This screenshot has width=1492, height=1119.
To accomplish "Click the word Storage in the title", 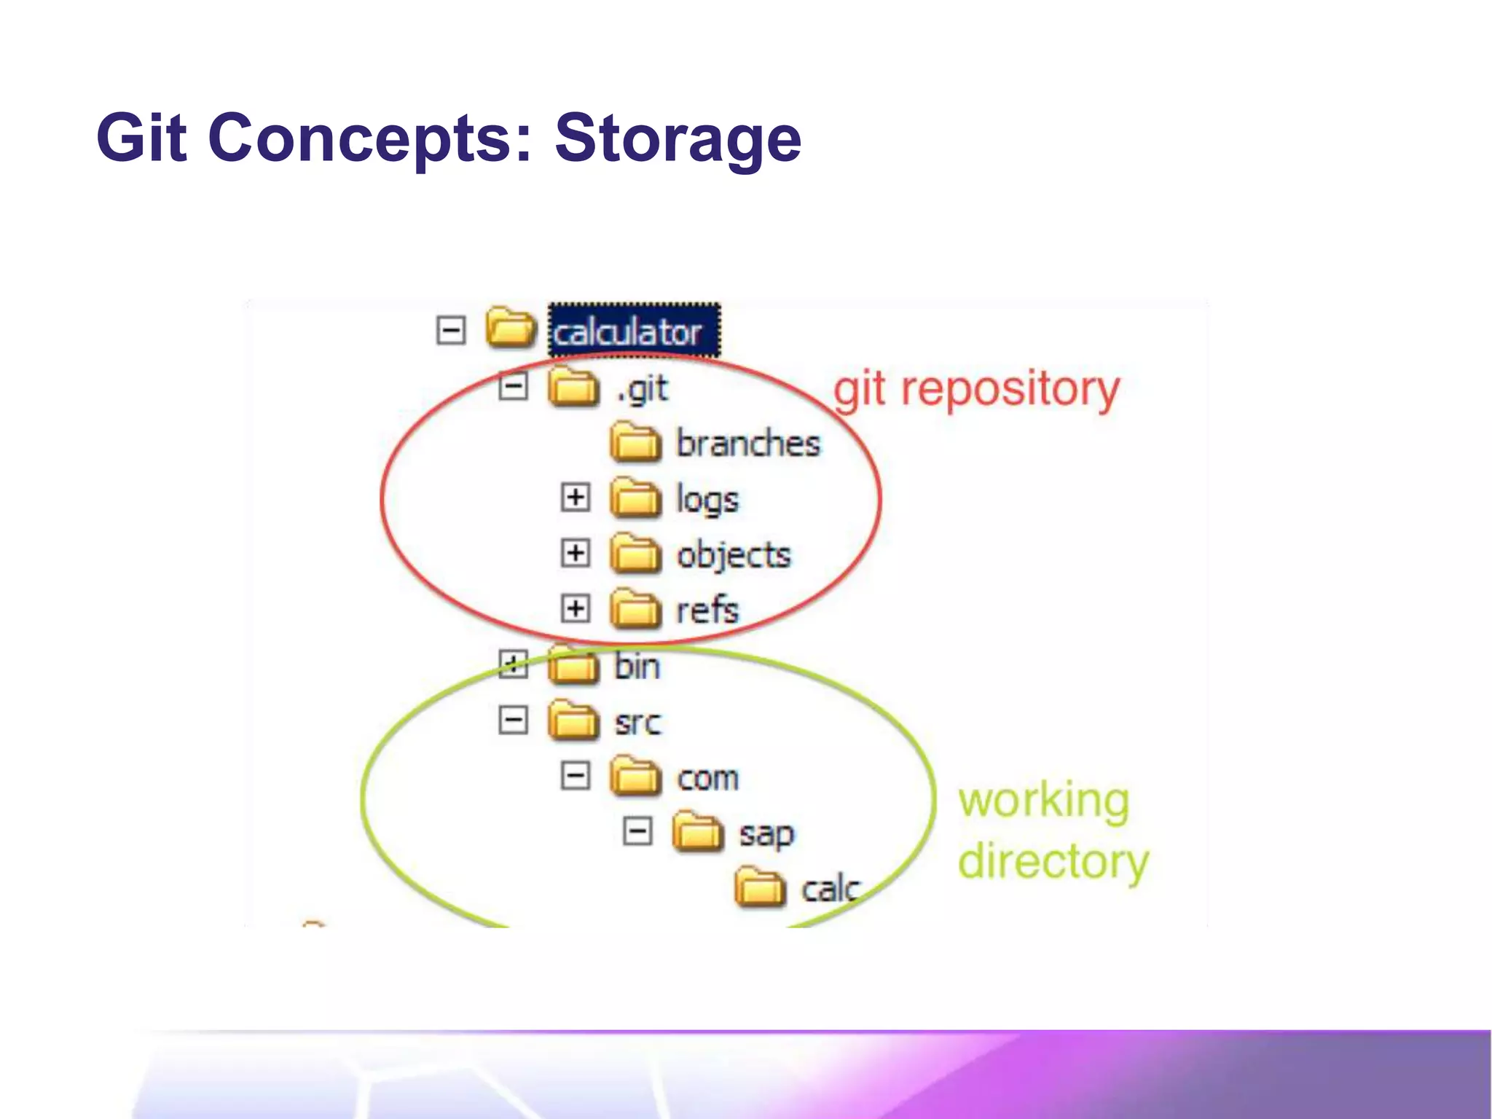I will pyautogui.click(x=678, y=138).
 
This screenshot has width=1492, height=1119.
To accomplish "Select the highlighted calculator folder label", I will pyautogui.click(x=628, y=333).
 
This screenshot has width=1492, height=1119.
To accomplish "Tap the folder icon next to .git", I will pyautogui.click(x=573, y=387).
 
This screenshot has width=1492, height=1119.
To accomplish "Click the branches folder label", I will pyautogui.click(x=748, y=444).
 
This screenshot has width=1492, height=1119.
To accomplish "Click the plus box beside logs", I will pyautogui.click(x=576, y=498).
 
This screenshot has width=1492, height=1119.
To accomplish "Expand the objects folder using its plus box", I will pyautogui.click(x=576, y=553).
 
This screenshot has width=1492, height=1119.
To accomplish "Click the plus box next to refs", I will pyautogui.click(x=576, y=608).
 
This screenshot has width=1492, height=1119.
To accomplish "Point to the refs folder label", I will pyautogui.click(x=707, y=610).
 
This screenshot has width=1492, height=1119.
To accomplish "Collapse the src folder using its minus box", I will pyautogui.click(x=514, y=721).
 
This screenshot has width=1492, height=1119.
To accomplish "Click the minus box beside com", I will pyautogui.click(x=576, y=776).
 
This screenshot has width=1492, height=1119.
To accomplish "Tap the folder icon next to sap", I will pyautogui.click(x=698, y=832).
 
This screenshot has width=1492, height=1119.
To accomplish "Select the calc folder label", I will pyautogui.click(x=831, y=890).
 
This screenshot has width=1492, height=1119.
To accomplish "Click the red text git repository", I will pyautogui.click(x=976, y=390).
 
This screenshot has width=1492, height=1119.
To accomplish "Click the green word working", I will pyautogui.click(x=1043, y=801).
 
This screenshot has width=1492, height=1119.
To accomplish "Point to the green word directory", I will pyautogui.click(x=1053, y=862).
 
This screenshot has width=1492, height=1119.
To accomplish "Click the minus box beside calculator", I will pyautogui.click(x=451, y=331).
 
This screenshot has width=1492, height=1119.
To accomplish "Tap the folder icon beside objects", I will pyautogui.click(x=636, y=554).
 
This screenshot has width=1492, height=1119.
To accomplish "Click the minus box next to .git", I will pyautogui.click(x=514, y=386).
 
